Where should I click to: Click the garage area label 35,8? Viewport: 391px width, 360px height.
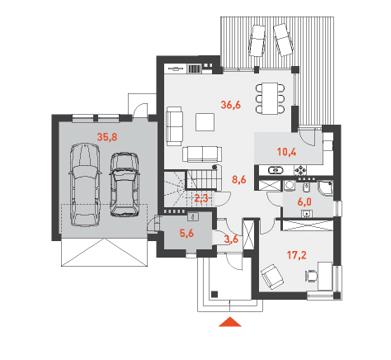point(107,137)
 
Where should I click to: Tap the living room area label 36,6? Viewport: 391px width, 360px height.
point(231,105)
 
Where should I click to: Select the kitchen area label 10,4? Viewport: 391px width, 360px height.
point(287,152)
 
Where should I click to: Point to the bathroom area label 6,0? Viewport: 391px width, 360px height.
point(304,202)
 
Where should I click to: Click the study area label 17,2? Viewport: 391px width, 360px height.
point(297,255)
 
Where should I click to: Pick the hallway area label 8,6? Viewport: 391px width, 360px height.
point(239,179)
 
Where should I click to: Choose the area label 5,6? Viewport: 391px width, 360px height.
point(186,234)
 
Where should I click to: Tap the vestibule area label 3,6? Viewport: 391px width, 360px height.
point(231,239)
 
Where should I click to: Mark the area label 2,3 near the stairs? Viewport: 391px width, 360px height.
point(201,198)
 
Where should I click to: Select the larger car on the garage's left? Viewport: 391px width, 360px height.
point(85,184)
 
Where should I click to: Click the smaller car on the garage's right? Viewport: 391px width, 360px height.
point(125,184)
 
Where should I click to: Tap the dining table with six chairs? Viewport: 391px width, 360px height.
point(270,98)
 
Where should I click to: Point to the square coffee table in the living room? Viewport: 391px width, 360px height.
point(205,122)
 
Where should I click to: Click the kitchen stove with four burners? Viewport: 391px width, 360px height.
point(301,171)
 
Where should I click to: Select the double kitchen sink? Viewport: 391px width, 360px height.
point(276,170)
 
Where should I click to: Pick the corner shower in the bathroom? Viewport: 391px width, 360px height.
point(325,188)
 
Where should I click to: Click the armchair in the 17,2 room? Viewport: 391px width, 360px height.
point(272,277)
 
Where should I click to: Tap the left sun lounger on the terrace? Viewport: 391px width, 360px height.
point(257,40)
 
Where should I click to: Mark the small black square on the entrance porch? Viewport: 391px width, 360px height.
point(214,294)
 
